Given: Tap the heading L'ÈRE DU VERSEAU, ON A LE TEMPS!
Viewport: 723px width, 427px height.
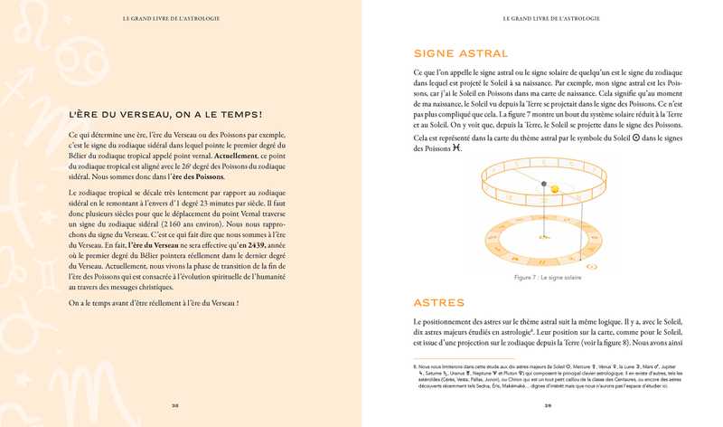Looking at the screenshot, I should pos(165,114).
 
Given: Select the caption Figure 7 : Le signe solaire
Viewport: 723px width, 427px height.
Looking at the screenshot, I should pos(548,277).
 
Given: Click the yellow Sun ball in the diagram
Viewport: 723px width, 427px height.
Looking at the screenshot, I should pos(557,188).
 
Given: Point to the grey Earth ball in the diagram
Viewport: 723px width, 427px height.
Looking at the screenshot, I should pos(545,184).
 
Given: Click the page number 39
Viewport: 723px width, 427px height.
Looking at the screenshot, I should pos(548,406).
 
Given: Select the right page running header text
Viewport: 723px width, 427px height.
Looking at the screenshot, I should pos(548,18).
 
